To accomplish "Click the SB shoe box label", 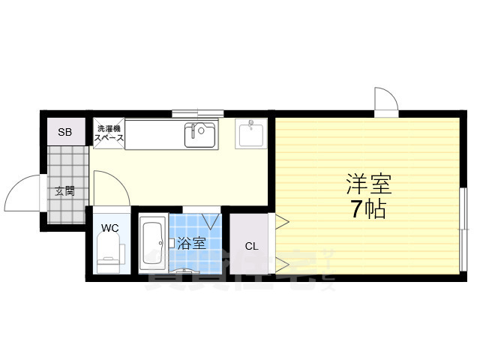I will click(65, 132).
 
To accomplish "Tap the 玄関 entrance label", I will click(64, 190).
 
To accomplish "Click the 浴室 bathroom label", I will click(191, 243).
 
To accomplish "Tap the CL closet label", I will click(251, 246).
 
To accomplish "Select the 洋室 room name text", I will click(368, 183).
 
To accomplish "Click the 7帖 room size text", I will click(368, 209).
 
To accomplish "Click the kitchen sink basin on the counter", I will click(200, 135).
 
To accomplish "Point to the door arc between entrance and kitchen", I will click(106, 187).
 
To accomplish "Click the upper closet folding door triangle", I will click(280, 222).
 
